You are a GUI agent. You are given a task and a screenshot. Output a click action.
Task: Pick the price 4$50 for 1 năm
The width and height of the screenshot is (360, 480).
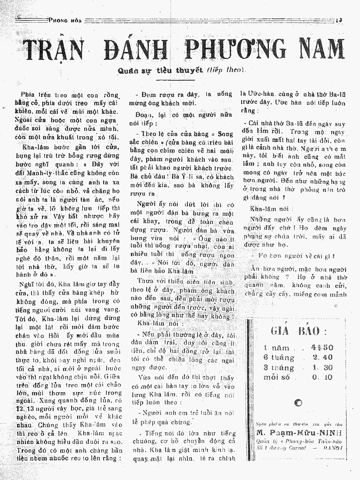322,347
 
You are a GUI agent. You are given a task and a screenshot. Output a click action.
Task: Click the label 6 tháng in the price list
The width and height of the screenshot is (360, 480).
279,357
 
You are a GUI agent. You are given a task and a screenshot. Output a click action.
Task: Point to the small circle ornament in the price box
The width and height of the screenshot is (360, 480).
298,403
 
